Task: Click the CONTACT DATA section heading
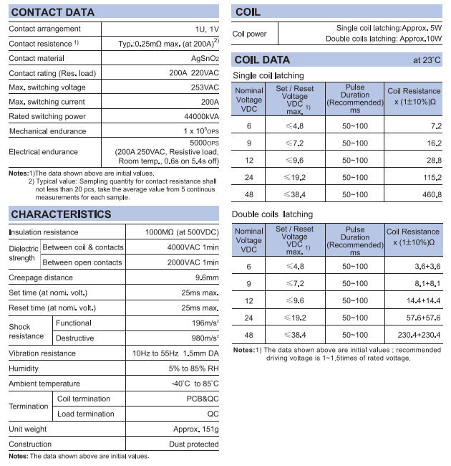coord(54,12)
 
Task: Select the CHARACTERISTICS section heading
coord(61,214)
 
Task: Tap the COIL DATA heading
coord(262,60)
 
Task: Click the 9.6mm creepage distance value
coord(206,277)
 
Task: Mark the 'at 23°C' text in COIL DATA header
coord(427,60)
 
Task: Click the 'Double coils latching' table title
coord(272,214)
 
